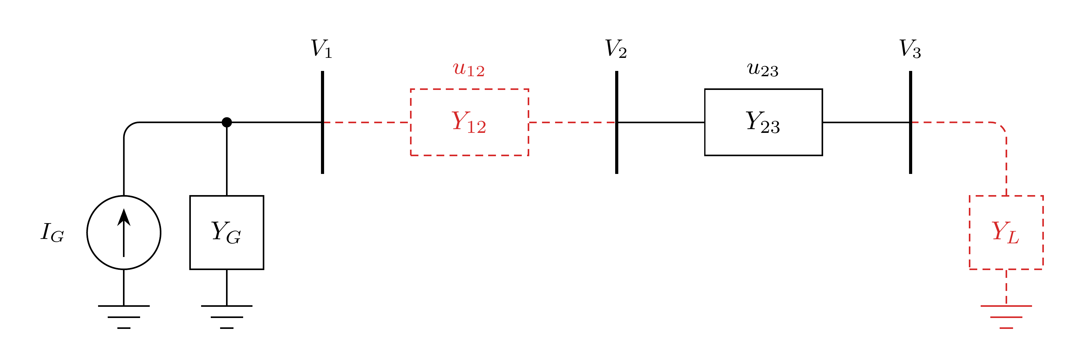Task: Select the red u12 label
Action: point(469,70)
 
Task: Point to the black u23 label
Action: point(763,70)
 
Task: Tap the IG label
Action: point(52,232)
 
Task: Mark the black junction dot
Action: point(227,122)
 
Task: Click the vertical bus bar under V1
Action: point(323,122)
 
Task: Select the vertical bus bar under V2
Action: point(616,122)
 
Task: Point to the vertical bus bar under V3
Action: point(911,122)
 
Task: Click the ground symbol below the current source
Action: point(124,317)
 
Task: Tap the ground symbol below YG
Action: point(227,317)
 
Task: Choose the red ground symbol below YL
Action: point(1006,317)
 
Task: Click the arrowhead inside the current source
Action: point(124,217)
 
